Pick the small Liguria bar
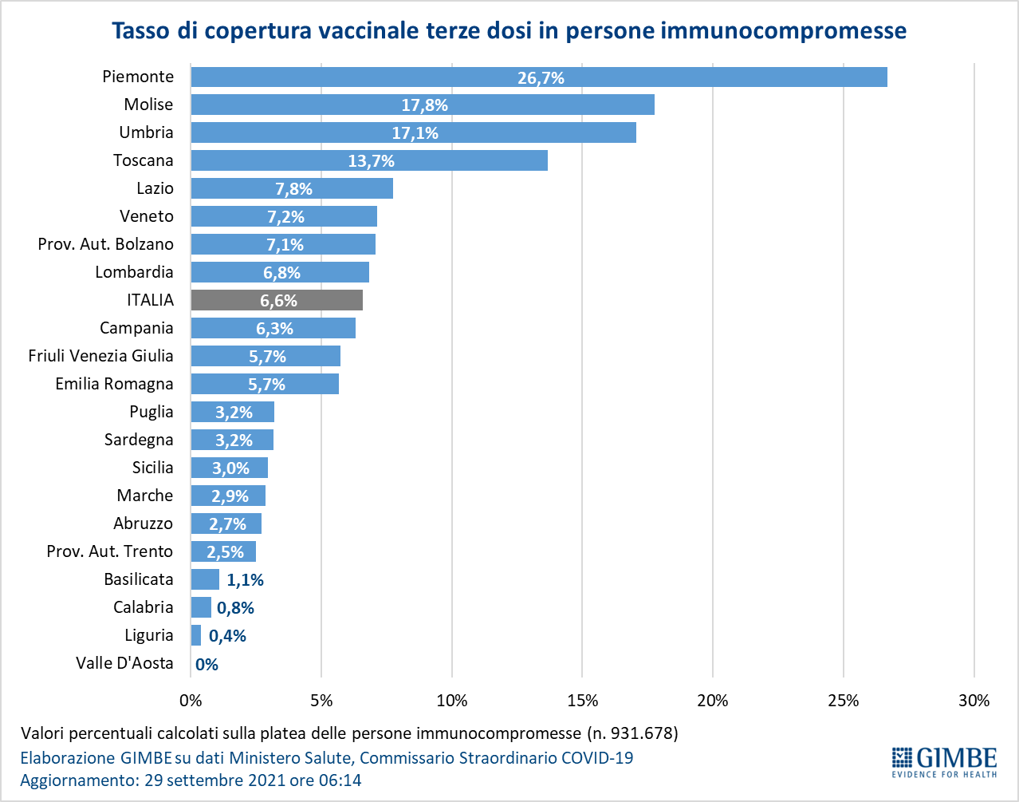[x=196, y=635]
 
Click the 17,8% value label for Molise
[x=424, y=105]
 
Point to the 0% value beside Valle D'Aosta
[x=207, y=664]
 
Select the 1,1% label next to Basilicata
[x=245, y=580]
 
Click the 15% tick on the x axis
[x=582, y=701]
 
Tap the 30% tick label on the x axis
[x=974, y=701]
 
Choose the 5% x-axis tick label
[x=321, y=701]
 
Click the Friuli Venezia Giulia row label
[x=100, y=356]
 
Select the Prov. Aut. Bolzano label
[x=105, y=244]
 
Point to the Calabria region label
[x=143, y=607]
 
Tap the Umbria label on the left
[x=146, y=132]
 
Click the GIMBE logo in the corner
[x=944, y=761]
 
